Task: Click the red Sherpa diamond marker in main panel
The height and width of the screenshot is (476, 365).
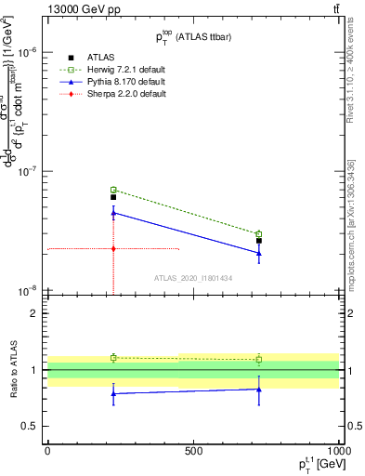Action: [113, 248]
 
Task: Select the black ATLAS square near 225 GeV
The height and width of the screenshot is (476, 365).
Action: [113, 197]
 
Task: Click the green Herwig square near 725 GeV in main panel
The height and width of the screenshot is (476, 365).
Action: [259, 234]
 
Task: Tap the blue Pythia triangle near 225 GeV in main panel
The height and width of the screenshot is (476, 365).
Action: [113, 213]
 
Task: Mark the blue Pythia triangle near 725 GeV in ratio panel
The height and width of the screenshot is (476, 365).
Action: [259, 390]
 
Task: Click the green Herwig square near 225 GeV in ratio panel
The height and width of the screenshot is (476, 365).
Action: [113, 357]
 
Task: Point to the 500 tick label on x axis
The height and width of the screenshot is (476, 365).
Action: [193, 450]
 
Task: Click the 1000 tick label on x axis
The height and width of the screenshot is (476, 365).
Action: [335, 450]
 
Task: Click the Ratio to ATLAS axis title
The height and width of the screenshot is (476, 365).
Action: [12, 370]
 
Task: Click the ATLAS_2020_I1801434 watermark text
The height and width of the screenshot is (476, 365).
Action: [193, 277]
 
